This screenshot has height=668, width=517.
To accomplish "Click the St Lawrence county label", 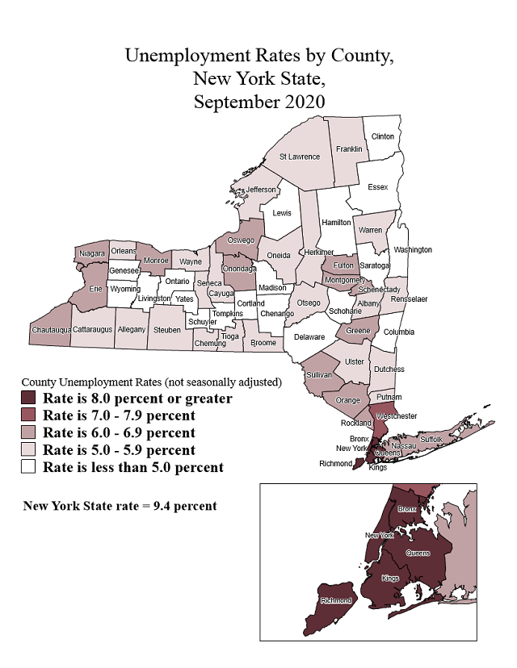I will pos(300,157).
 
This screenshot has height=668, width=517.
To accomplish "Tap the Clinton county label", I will pos(382,136).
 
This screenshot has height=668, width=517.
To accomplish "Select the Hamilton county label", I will pos(336,222).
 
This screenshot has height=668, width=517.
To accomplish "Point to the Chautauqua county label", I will pos(51,330).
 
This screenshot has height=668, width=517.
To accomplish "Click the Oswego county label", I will pos(241,240).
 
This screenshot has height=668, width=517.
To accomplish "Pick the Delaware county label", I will pos(309,337).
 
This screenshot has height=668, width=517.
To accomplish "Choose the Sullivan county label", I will pos(319,375).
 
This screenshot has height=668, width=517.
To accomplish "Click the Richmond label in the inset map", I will pos(335,600).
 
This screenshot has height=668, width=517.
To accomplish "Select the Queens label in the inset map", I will pos(418,553).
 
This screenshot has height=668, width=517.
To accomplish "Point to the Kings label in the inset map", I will pos(390,578).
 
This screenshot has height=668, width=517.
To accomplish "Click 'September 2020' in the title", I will pos(258,102).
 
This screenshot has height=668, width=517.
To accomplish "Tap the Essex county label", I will pos(378,187).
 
